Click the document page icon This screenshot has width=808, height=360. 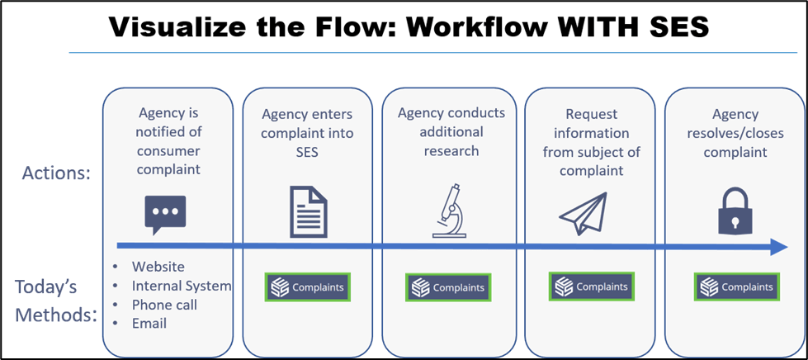click(x=306, y=211)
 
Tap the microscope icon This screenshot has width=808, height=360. click(x=449, y=213)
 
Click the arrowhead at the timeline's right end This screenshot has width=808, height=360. click(x=778, y=246)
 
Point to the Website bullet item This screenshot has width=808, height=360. click(x=158, y=267)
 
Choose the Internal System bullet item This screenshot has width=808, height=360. click(x=181, y=286)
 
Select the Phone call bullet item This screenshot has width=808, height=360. click(x=164, y=305)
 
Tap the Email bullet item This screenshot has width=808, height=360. click(x=149, y=323)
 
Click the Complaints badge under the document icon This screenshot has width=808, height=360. click(x=307, y=287)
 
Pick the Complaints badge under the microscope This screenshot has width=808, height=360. click(x=449, y=287)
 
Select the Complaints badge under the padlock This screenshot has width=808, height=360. click(x=737, y=287)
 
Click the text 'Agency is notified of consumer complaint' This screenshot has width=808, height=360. click(x=169, y=140)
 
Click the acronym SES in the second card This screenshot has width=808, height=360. click(x=306, y=152)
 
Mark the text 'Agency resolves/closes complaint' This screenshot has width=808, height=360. click(x=735, y=133)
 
